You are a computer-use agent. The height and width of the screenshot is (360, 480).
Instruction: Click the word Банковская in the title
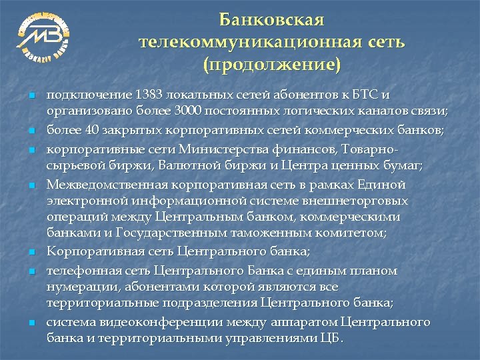271,20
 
